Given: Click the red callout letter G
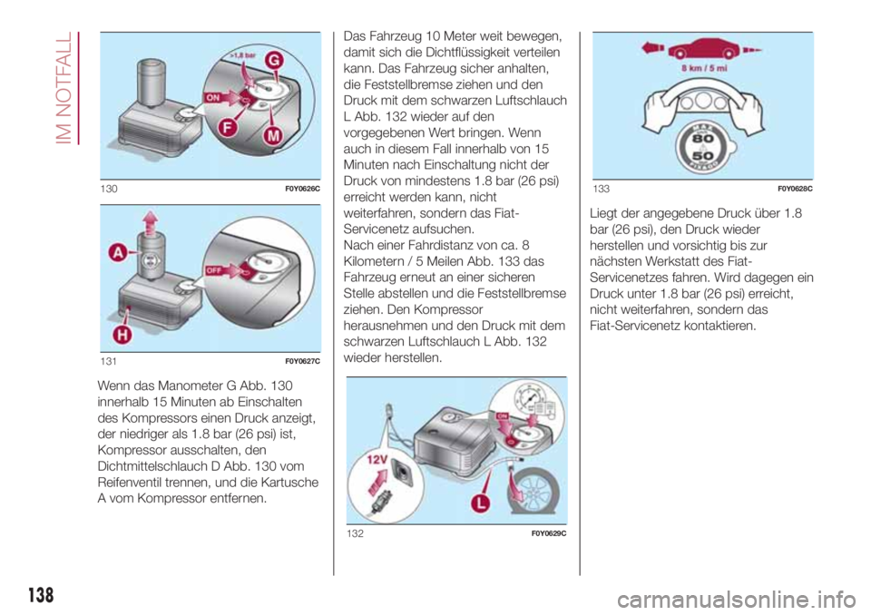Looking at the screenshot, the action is (x=274, y=61).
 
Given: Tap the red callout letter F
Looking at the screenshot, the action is (x=227, y=128).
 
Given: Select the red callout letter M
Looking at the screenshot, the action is (x=273, y=135).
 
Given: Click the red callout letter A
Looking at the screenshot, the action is (x=118, y=253).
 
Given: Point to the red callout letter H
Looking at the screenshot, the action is (x=122, y=335).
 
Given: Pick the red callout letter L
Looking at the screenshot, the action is (x=481, y=503).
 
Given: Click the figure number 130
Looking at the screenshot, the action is (x=109, y=189).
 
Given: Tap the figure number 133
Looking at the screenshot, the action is (x=602, y=189).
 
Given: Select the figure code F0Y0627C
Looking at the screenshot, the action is (x=303, y=362).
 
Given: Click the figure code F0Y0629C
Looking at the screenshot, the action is (x=549, y=534).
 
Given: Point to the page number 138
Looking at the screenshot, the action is (x=41, y=595).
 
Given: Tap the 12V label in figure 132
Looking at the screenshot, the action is (x=377, y=460).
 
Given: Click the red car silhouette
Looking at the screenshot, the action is (x=703, y=49).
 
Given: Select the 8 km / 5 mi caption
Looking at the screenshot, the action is (x=704, y=68).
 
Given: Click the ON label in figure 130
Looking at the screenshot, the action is (x=213, y=97).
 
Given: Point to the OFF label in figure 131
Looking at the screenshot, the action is (x=214, y=270).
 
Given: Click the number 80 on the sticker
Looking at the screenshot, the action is (x=702, y=139).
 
